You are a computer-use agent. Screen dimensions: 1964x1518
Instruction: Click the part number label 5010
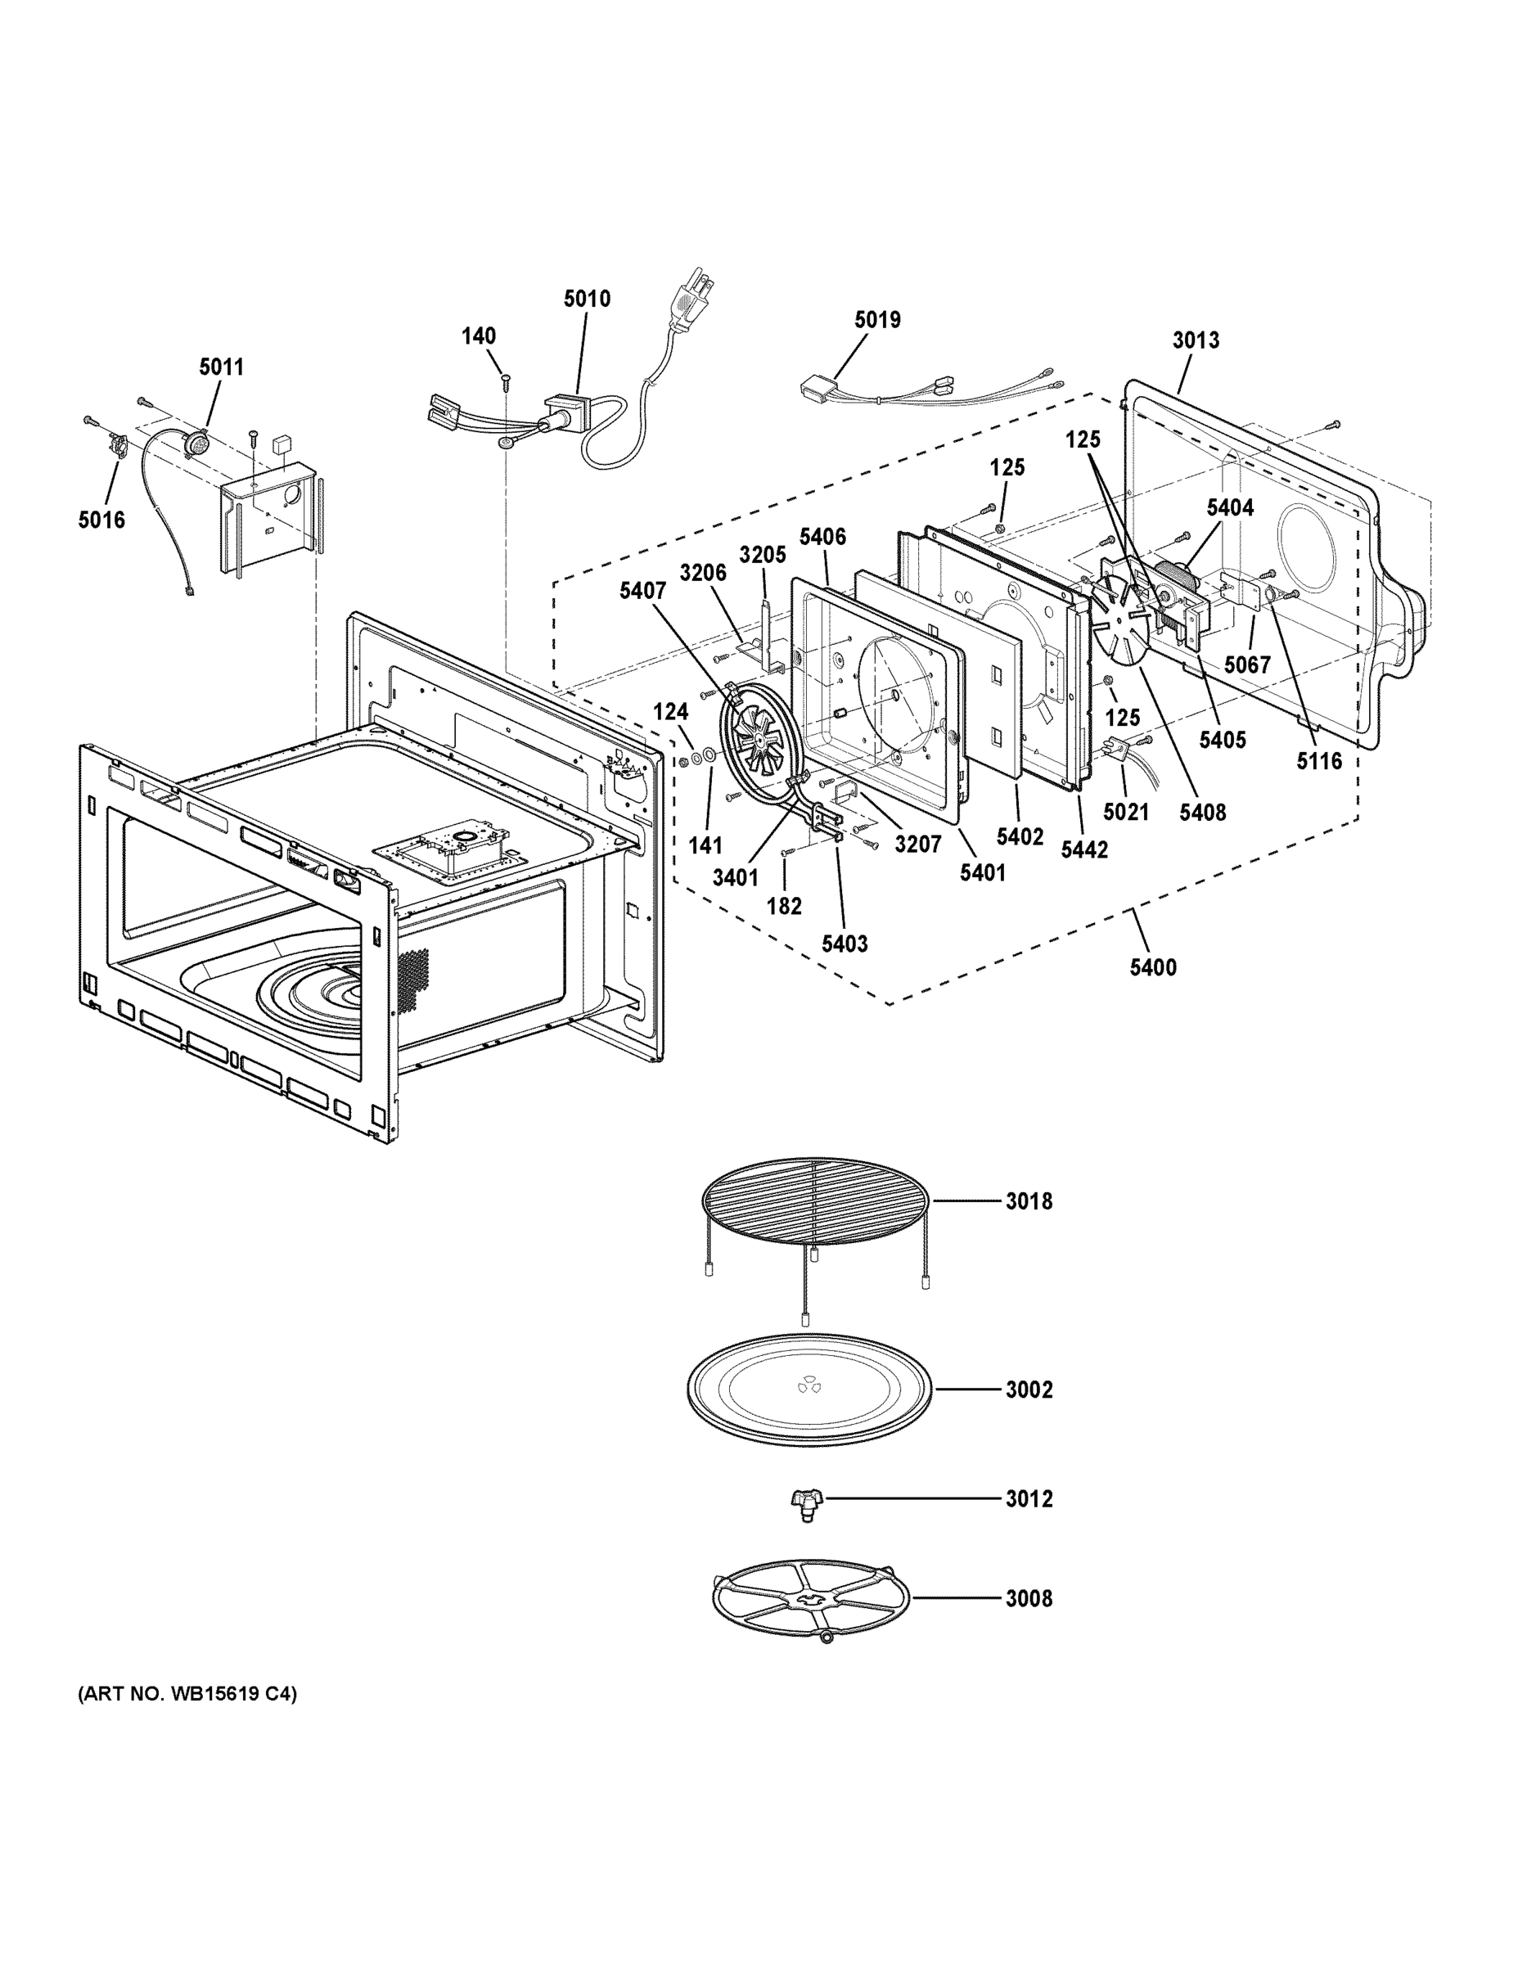pyautogui.click(x=587, y=299)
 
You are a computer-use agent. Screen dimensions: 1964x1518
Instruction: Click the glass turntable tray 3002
pyautogui.click(x=809, y=1389)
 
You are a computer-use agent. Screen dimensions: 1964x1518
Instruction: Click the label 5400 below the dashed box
pyautogui.click(x=1153, y=967)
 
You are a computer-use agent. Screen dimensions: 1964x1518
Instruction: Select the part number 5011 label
pyautogui.click(x=221, y=367)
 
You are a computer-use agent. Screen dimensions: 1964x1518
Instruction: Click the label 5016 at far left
pyautogui.click(x=101, y=520)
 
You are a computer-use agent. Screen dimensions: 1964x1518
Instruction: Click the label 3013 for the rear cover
pyautogui.click(x=1195, y=340)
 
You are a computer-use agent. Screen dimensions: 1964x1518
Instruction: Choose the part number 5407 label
pyautogui.click(x=642, y=591)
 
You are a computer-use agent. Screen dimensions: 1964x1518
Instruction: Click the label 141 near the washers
pyautogui.click(x=705, y=845)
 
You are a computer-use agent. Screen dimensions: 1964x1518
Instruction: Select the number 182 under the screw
pyautogui.click(x=783, y=907)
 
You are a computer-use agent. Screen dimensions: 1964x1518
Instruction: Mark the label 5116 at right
pyautogui.click(x=1318, y=761)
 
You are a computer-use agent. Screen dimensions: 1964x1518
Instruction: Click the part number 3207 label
pyautogui.click(x=917, y=844)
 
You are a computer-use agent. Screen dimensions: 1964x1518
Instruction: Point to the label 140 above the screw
pyautogui.click(x=479, y=336)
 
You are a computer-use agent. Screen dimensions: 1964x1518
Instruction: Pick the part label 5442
pyautogui.click(x=1083, y=849)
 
